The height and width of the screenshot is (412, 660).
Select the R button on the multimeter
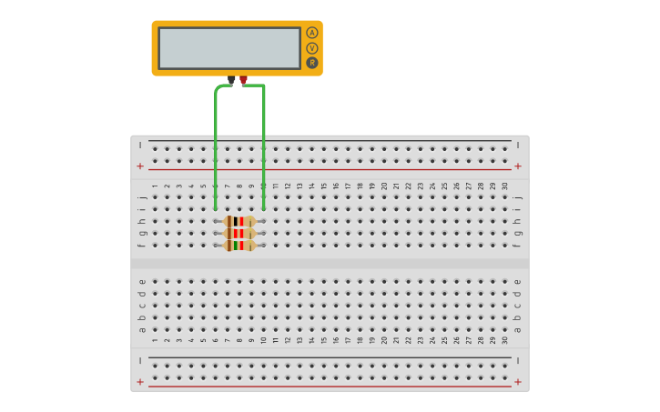[312, 63]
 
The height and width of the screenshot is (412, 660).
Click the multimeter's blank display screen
[229, 48]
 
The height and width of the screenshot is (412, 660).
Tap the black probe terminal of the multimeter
[231, 80]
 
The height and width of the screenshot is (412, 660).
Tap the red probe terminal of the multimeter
[243, 80]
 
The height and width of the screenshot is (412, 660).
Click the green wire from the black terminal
[216, 146]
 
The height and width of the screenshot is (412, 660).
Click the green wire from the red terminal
[264, 146]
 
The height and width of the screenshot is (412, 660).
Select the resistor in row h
[239, 221]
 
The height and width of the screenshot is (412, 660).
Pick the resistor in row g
[239, 233]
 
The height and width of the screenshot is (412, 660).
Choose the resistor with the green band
[239, 245]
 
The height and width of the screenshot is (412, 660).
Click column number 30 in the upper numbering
[505, 186]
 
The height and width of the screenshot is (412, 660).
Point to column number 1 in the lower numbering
[155, 340]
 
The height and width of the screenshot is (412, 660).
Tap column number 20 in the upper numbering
[384, 186]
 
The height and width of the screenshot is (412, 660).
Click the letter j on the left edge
[141, 196]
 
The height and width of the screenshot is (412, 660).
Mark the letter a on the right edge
[518, 329]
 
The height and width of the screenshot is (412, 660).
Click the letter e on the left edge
[141, 281]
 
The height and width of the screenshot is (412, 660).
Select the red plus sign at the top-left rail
[140, 166]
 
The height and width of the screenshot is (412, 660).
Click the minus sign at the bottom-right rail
[518, 361]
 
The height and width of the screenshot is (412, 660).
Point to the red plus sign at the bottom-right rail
[518, 382]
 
